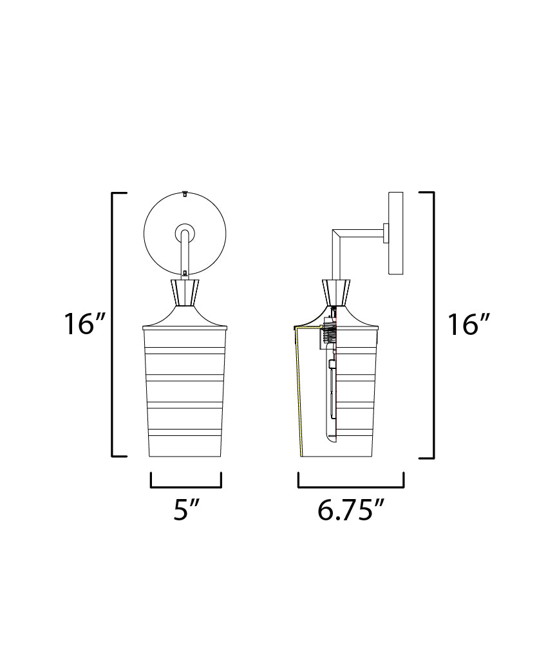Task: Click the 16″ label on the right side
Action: tap(469, 324)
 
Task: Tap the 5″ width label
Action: tap(186, 510)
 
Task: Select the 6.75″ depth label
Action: tap(350, 510)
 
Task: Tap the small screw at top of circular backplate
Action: tap(185, 194)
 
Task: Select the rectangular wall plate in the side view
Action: tap(395, 233)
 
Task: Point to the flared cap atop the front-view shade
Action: tap(185, 319)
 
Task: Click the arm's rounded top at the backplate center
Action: tap(185, 231)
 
